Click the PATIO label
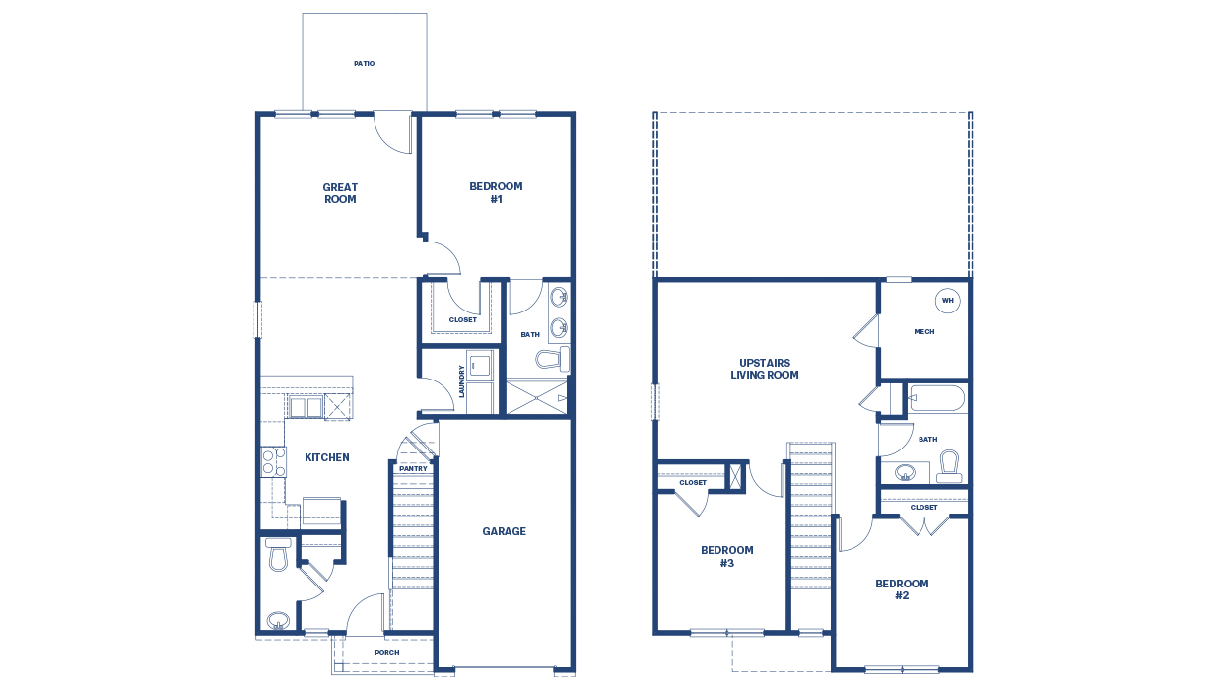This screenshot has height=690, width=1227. pyautogui.click(x=364, y=64)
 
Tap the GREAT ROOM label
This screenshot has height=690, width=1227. pyautogui.click(x=340, y=193)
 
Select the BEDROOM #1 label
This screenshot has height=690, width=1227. pyautogui.click(x=496, y=192)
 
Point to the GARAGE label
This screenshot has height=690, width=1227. pyautogui.click(x=504, y=531)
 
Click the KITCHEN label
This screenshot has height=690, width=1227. pyautogui.click(x=326, y=457)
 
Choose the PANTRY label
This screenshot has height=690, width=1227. pyautogui.click(x=413, y=469)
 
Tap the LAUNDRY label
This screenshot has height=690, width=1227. pyautogui.click(x=461, y=381)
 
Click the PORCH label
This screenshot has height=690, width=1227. pyautogui.click(x=386, y=652)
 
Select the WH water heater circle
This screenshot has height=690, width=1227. pyautogui.click(x=947, y=301)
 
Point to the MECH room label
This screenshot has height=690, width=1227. pyautogui.click(x=923, y=332)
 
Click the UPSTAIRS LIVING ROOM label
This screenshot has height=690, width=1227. pyautogui.click(x=764, y=369)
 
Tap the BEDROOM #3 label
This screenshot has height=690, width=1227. pyautogui.click(x=726, y=557)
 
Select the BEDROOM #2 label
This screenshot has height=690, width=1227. pyautogui.click(x=901, y=589)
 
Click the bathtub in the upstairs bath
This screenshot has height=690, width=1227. pyautogui.click(x=937, y=399)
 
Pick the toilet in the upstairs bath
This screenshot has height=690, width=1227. pyautogui.click(x=949, y=465)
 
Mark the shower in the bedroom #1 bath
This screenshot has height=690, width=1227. pyautogui.click(x=536, y=397)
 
